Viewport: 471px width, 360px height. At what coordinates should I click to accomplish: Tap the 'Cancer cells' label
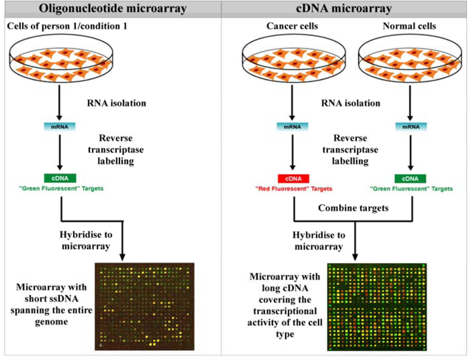coord(292,26)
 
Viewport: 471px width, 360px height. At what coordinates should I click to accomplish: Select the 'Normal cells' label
coord(410,26)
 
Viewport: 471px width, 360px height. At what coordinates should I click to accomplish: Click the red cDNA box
coord(293,179)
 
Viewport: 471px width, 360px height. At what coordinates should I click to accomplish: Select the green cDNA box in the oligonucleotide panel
coord(60,179)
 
